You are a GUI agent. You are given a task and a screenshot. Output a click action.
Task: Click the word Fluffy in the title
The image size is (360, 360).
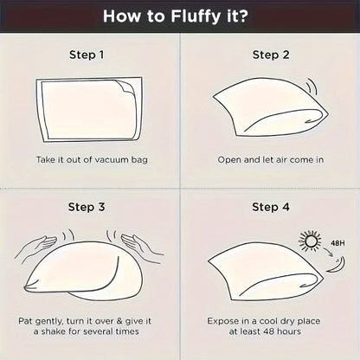pos(196,16)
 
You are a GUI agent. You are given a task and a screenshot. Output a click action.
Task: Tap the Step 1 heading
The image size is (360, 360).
pos(87,55)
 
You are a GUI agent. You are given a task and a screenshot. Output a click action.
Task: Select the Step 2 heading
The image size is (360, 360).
pos(271,55)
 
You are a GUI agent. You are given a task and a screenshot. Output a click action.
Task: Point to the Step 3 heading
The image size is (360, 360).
pos(87,207)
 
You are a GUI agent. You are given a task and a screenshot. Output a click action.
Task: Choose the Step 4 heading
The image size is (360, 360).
pos(271,207)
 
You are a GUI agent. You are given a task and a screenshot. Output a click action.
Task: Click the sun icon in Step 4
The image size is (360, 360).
pos(310,240)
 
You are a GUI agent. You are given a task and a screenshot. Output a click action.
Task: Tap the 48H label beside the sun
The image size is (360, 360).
pos(337,243)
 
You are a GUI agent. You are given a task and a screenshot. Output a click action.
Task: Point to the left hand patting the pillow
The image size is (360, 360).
pos(36,245)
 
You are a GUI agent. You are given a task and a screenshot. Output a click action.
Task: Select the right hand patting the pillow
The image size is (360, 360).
pos(141,245)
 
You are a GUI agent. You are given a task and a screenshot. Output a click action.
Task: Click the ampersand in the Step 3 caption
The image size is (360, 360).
pos(119,321)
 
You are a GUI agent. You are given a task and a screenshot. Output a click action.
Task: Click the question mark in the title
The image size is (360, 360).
pos(243,16)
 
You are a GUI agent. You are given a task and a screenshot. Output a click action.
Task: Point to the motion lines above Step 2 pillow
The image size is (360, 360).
pos(312,86)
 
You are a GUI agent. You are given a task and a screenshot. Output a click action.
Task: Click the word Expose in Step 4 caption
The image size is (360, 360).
pos(221,321)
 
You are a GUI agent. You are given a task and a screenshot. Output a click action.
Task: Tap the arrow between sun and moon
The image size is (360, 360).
pos(328,252)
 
